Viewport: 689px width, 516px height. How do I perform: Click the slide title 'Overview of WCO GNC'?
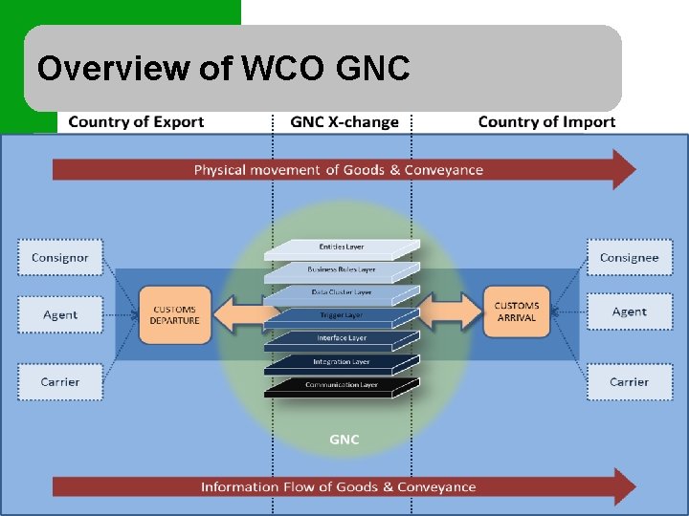point(223,69)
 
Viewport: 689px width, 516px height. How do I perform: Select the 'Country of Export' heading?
point(136,122)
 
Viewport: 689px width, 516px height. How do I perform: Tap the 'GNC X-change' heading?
point(344,122)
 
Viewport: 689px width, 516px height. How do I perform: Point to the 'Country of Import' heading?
point(546,122)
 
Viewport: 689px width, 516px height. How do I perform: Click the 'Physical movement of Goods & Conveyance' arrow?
point(339,170)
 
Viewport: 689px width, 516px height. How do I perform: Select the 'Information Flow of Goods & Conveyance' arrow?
point(339,486)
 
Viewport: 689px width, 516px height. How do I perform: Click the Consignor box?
point(59,258)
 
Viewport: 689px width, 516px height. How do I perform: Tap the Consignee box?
point(629,257)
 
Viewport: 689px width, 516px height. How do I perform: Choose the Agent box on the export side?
point(59,314)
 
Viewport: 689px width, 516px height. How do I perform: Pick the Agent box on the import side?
point(629,312)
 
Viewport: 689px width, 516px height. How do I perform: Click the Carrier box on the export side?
point(59,382)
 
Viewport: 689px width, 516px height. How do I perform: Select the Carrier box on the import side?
point(629,382)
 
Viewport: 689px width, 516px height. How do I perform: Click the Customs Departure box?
point(174,314)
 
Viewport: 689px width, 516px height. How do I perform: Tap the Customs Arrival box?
point(517,312)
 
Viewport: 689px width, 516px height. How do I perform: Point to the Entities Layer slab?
point(342,247)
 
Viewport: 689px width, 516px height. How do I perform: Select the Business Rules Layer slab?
point(342,270)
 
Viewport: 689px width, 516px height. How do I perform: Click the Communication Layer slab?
point(342,386)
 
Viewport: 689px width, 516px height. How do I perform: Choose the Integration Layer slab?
point(342,363)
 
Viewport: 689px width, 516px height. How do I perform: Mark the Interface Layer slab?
point(342,339)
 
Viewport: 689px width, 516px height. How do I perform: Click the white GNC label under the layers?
point(344,440)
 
